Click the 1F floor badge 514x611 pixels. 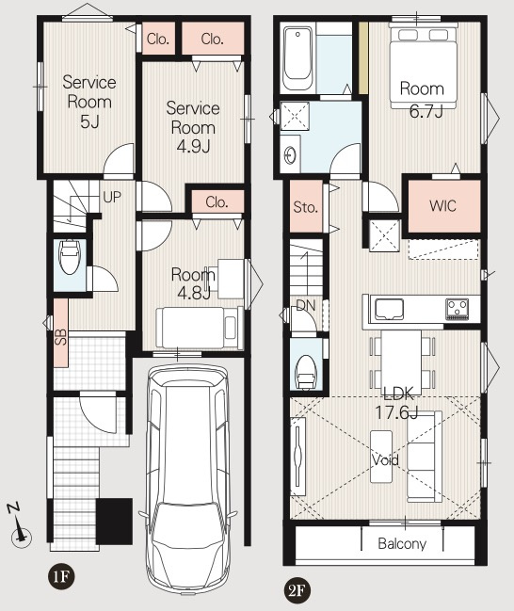tap(61, 577)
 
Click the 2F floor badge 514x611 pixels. tap(297, 591)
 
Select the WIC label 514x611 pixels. tap(442, 206)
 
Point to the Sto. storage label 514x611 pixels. tap(306, 207)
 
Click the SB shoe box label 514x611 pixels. tap(61, 337)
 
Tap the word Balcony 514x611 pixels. tap(402, 543)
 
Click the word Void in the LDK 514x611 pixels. tap(385, 460)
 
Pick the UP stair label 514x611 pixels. tap(112, 197)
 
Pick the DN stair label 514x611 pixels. tap(306, 305)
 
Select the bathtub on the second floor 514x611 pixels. tap(298, 58)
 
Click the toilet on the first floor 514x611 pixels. tap(70, 257)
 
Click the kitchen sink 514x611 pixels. tap(390, 310)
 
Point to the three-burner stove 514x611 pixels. tap(458, 309)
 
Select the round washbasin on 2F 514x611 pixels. tap(291, 156)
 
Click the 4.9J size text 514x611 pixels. tap(194, 147)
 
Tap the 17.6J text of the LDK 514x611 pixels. tap(396, 412)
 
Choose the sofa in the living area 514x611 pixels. tap(425, 457)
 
